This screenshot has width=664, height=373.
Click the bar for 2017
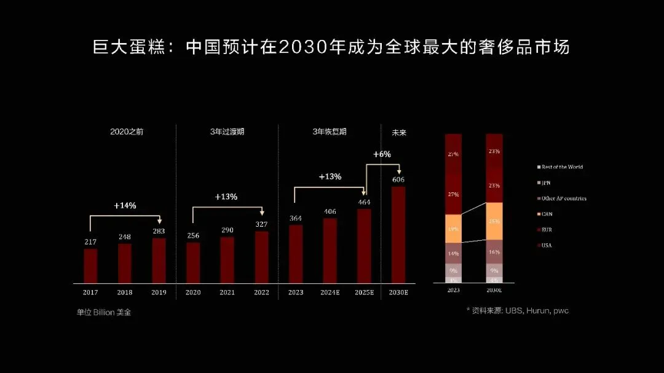pyautogui.click(x=90, y=265)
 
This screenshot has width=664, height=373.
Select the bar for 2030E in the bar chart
pyautogui.click(x=398, y=234)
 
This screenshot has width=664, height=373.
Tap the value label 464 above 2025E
pyautogui.click(x=364, y=202)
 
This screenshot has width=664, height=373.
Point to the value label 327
pyautogui.click(x=262, y=224)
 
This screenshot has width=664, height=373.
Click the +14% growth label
pyautogui.click(x=125, y=205)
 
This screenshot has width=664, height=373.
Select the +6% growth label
pyautogui.click(x=382, y=154)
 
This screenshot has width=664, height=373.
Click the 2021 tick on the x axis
pyautogui.click(x=227, y=293)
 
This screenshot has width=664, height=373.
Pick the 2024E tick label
pyautogui.click(x=330, y=293)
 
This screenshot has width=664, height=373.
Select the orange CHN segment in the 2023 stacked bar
pyautogui.click(x=453, y=228)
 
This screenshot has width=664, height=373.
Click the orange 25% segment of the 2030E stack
pyautogui.click(x=494, y=221)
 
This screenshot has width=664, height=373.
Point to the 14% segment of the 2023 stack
pyautogui.click(x=453, y=253)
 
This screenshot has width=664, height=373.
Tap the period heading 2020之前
pyautogui.click(x=127, y=132)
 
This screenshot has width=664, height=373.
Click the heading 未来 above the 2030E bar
pyautogui.click(x=399, y=132)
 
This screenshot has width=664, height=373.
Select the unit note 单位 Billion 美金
pyautogui.click(x=103, y=312)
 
